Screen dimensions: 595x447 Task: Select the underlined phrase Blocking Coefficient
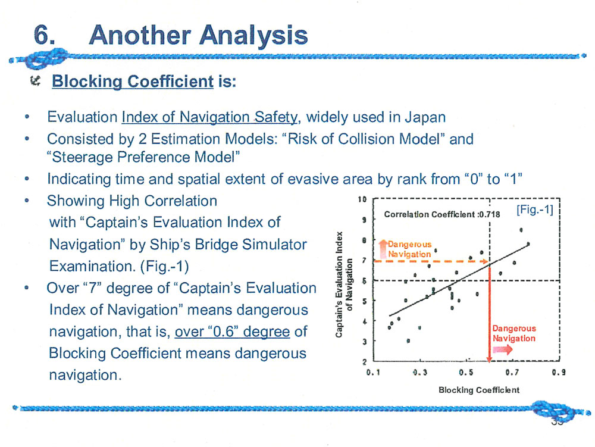[133, 81]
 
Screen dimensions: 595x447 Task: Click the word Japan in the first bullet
[425, 117]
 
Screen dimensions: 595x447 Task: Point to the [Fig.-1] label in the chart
[535, 210]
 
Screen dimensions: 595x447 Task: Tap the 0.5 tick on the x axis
[466, 372]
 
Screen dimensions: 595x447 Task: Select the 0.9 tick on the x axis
[559, 372]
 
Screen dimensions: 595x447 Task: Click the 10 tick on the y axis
[362, 199]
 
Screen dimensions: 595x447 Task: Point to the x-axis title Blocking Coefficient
[479, 390]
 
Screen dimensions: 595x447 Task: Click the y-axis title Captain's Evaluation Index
[340, 285]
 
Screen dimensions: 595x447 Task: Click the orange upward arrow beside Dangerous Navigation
[383, 249]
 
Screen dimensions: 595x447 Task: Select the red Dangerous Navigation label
[514, 333]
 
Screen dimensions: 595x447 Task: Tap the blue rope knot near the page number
[552, 411]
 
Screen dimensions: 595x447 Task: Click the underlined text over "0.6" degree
[232, 332]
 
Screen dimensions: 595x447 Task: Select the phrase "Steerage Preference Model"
[143, 157]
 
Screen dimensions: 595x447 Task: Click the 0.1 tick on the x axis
[374, 372]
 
